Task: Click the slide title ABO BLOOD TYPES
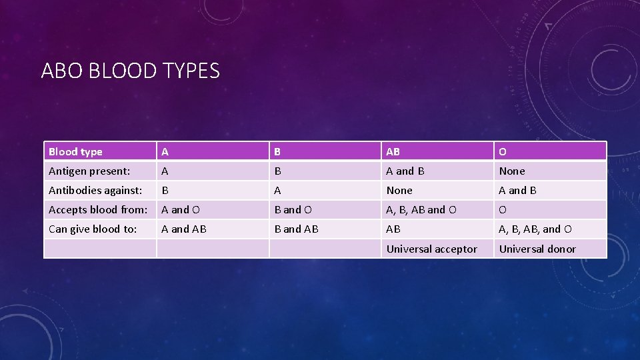pyautogui.click(x=130, y=70)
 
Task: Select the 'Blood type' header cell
pyautogui.click(x=75, y=152)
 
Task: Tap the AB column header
pyautogui.click(x=393, y=152)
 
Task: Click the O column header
pyautogui.click(x=503, y=152)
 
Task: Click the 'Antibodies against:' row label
pyautogui.click(x=95, y=191)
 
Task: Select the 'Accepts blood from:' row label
pyautogui.click(x=98, y=210)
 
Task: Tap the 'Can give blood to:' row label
pyautogui.click(x=93, y=229)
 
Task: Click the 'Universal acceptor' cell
pyautogui.click(x=432, y=249)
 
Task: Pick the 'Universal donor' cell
pyautogui.click(x=537, y=249)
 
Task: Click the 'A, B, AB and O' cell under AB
pyautogui.click(x=421, y=210)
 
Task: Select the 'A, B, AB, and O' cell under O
pyautogui.click(x=535, y=229)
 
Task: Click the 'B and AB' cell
pyautogui.click(x=297, y=229)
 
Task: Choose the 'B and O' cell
pyautogui.click(x=293, y=210)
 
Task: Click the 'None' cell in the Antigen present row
pyautogui.click(x=512, y=171)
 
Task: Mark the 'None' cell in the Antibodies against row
pyautogui.click(x=399, y=191)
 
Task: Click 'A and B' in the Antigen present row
pyautogui.click(x=405, y=171)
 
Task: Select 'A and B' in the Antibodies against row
pyautogui.click(x=518, y=191)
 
